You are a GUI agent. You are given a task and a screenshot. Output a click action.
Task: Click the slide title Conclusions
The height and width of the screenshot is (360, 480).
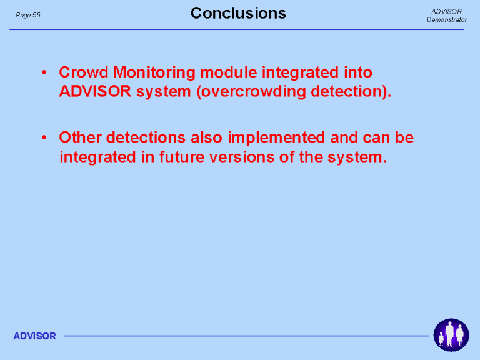tap(238, 14)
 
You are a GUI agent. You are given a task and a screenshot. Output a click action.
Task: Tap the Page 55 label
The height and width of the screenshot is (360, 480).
tap(28, 15)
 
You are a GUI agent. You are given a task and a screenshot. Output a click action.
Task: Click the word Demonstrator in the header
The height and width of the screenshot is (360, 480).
tap(447, 19)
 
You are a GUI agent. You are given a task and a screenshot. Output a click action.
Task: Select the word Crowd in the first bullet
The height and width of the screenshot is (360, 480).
tap(84, 72)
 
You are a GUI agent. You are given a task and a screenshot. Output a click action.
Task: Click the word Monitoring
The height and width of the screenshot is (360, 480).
tap(154, 73)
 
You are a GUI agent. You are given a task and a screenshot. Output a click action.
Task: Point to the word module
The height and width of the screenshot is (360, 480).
tap(229, 72)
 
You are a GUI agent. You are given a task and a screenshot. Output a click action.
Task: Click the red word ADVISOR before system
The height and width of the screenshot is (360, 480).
tap(95, 91)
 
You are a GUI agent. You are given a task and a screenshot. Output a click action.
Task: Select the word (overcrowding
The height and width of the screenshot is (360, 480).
tap(251, 92)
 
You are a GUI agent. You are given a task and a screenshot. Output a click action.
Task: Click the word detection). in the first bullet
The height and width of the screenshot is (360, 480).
tap(351, 92)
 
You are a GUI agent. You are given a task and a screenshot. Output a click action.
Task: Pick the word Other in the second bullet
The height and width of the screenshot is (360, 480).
tap(80, 137)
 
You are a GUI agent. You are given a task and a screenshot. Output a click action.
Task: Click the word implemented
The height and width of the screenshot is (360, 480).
tap(276, 138)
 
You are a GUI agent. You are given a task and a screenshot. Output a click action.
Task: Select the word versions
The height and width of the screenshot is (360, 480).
tap(241, 157)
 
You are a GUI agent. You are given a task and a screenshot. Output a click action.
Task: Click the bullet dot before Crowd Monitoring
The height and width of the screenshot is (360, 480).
tap(44, 72)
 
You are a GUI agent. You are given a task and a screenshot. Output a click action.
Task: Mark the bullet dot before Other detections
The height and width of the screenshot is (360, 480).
tap(44, 137)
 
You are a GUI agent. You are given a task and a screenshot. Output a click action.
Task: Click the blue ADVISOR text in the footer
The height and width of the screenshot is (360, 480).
tap(34, 336)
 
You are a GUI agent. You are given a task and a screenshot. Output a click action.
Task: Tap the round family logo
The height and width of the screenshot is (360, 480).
tap(451, 335)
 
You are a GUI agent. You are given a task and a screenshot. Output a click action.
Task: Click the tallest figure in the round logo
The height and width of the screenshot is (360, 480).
tap(449, 334)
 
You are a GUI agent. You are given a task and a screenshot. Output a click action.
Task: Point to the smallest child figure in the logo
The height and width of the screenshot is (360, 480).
tap(441, 339)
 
